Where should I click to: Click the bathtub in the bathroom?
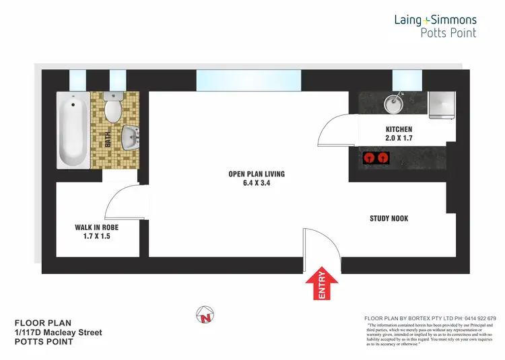pyautogui.click(x=73, y=131)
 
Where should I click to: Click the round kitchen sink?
pyautogui.click(x=392, y=104)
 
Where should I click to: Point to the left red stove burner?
pyautogui.click(x=368, y=159)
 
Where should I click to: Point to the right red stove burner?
pyautogui.click(x=383, y=159)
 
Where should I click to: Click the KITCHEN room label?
pyautogui.click(x=399, y=129)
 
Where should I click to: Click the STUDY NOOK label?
pyautogui.click(x=389, y=218)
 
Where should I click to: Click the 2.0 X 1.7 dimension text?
pyautogui.click(x=399, y=139)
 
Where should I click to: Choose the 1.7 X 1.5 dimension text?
pyautogui.click(x=96, y=237)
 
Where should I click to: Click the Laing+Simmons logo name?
pyautogui.click(x=435, y=20)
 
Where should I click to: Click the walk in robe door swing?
pyautogui.click(x=123, y=199)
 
